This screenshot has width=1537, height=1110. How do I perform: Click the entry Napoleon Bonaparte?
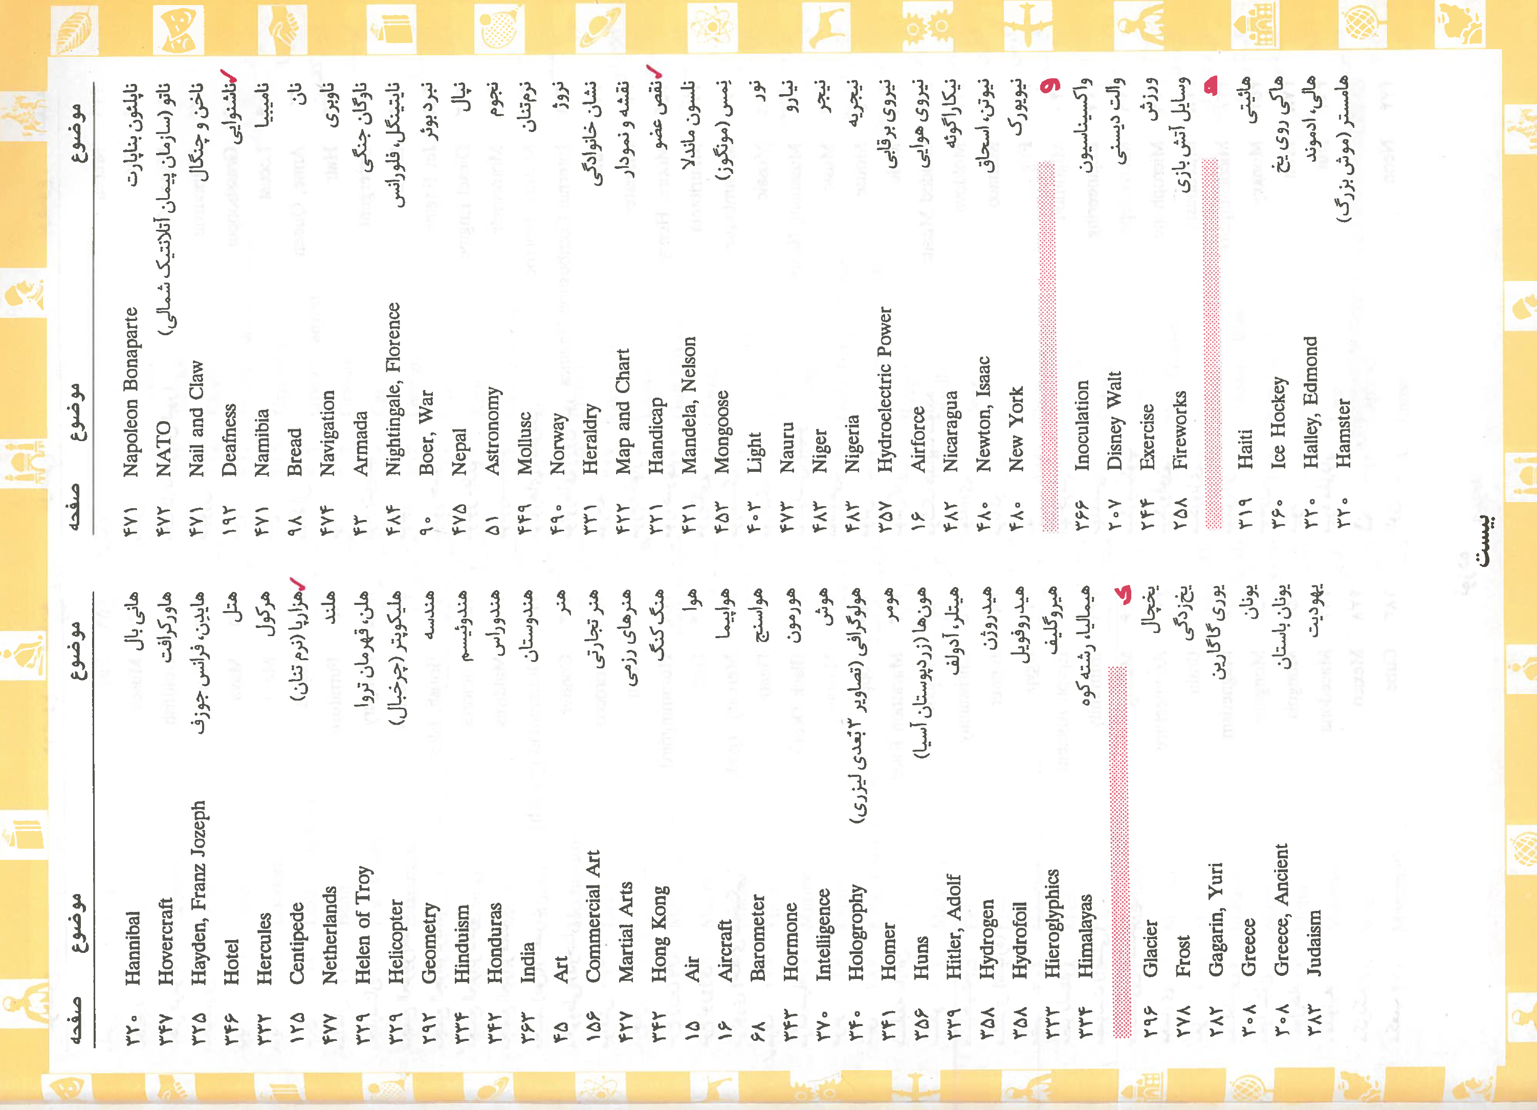tap(131, 391)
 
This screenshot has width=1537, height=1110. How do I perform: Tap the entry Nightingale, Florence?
tap(394, 387)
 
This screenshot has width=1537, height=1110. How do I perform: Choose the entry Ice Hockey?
tap(1279, 422)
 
